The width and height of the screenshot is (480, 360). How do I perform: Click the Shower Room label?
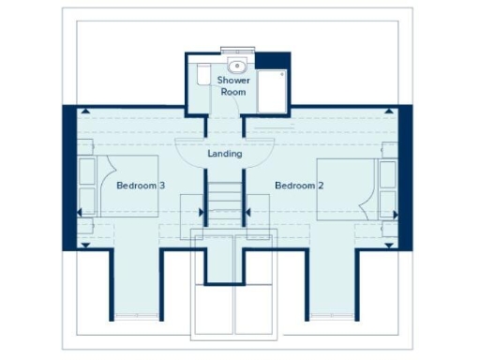(x=232, y=87)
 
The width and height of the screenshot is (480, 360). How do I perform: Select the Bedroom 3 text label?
(x=141, y=186)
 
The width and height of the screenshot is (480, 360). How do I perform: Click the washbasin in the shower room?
(x=237, y=66)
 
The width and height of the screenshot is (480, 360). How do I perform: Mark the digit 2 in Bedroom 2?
(x=321, y=186)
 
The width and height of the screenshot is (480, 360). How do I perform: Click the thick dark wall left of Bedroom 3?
(x=68, y=178)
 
